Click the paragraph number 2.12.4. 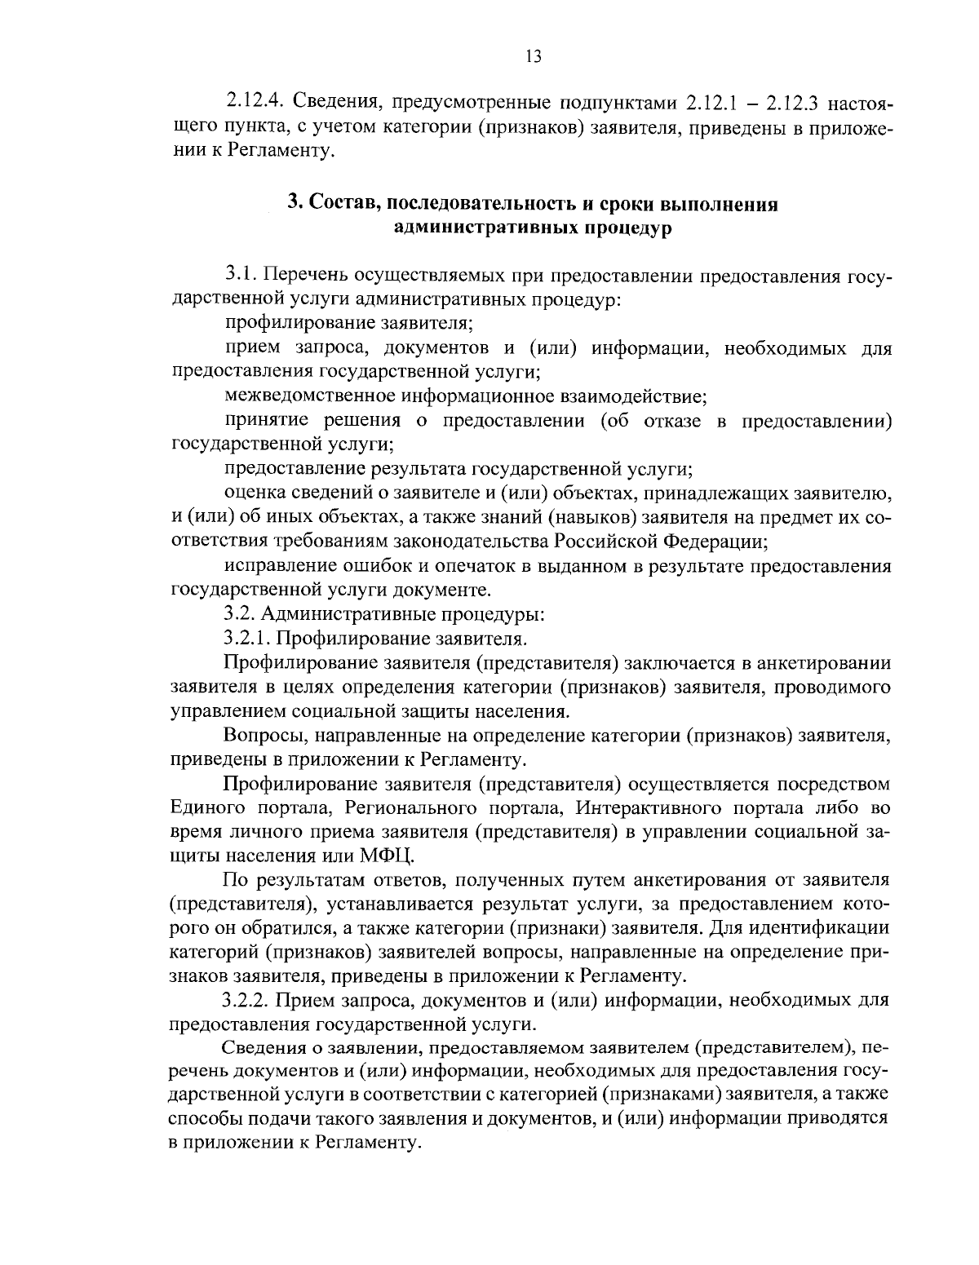tap(254, 104)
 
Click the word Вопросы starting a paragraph tap(259, 736)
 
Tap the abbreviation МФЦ tap(387, 856)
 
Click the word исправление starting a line tap(274, 566)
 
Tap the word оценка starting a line tap(251, 493)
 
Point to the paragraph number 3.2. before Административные tap(241, 613)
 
